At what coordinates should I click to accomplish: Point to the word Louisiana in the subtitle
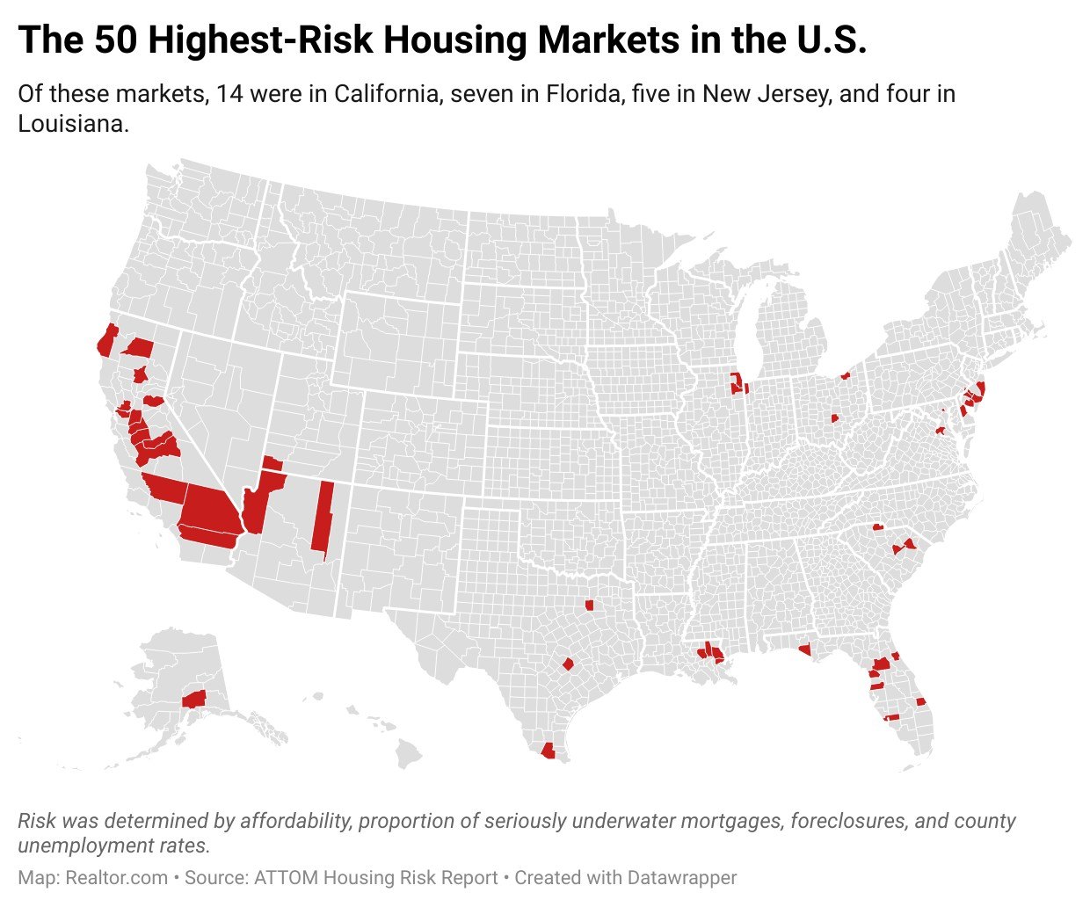point(74,124)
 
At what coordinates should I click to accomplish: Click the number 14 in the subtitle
point(230,93)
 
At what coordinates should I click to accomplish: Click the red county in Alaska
point(193,700)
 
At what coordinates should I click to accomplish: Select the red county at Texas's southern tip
point(549,751)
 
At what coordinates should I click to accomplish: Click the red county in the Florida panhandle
point(803,650)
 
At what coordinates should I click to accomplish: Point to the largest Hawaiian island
point(408,753)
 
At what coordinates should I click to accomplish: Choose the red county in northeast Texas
point(589,605)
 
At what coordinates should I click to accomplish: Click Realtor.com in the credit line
point(114,877)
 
